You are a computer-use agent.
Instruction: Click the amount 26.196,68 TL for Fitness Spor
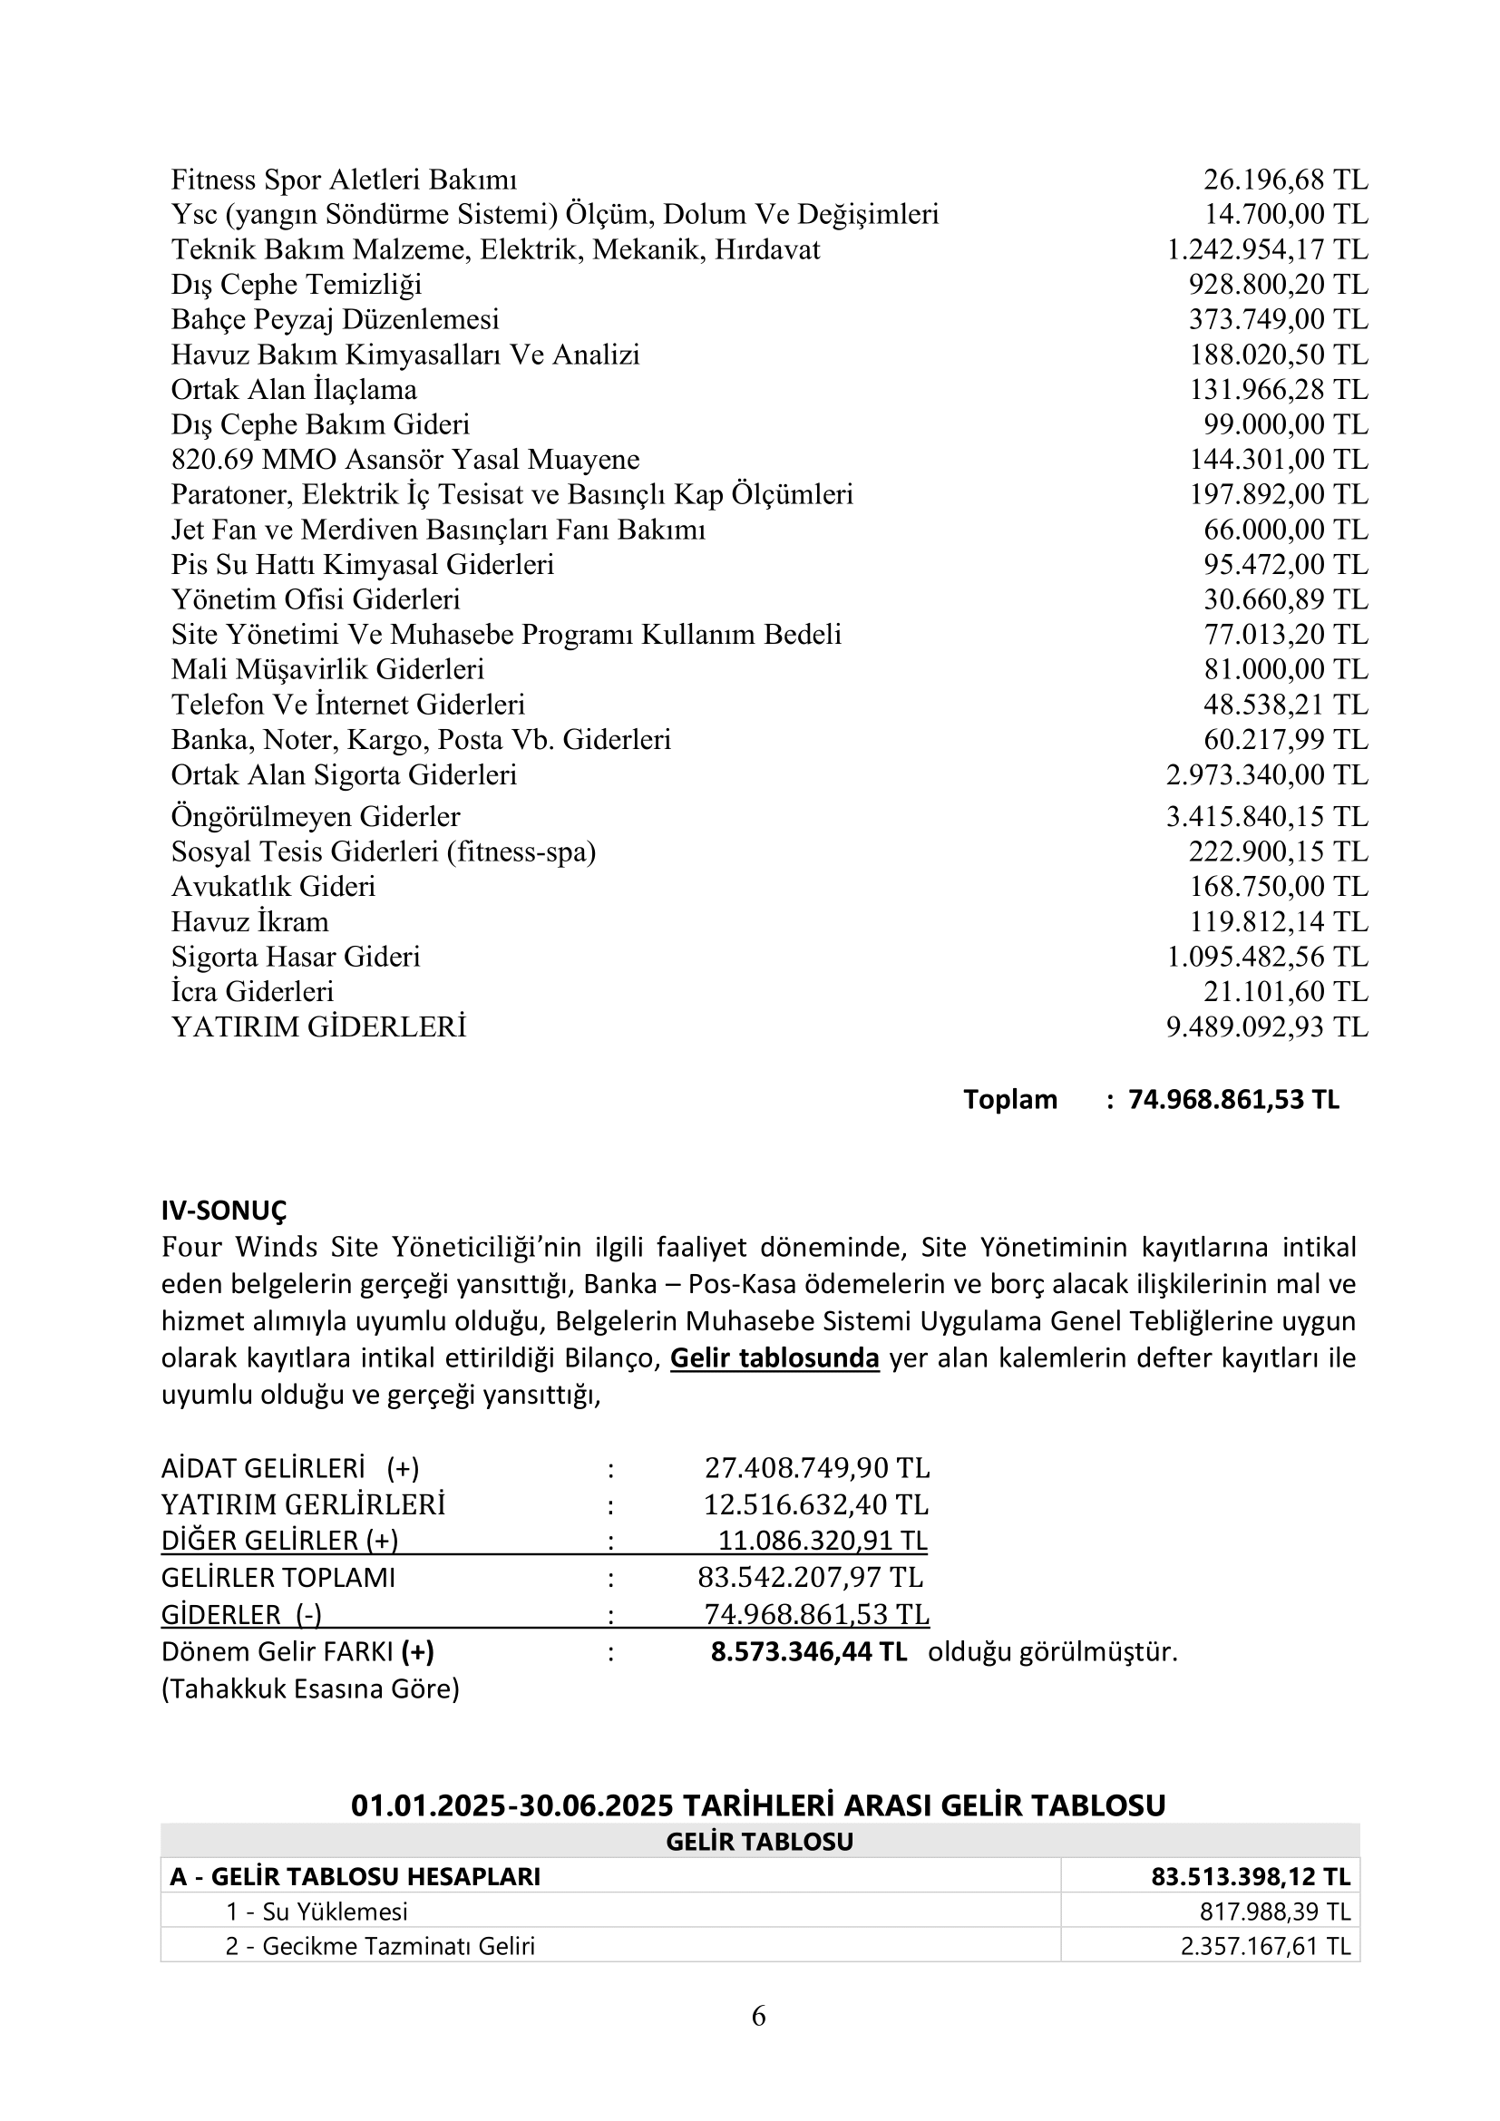click(x=1285, y=180)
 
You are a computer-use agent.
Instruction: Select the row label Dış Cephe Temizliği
click(x=297, y=285)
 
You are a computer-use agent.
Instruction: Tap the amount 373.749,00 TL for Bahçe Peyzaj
click(x=1278, y=319)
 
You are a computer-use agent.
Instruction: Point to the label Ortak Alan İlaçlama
click(x=294, y=390)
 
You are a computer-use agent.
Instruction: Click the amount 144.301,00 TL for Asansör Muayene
click(x=1278, y=460)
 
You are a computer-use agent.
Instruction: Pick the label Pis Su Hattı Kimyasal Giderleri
click(x=362, y=564)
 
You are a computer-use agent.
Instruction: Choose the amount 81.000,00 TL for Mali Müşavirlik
click(x=1285, y=670)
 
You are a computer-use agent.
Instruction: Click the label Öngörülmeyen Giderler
click(x=315, y=817)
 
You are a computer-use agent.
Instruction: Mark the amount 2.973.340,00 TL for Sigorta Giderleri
click(x=1266, y=775)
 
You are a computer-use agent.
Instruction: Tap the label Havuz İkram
click(x=249, y=922)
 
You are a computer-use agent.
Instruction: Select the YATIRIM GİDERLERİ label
click(x=318, y=1027)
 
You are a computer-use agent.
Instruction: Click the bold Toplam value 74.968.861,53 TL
click(x=1233, y=1099)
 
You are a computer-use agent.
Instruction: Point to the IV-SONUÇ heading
click(x=223, y=1211)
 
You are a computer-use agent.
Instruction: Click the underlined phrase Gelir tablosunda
click(x=774, y=1358)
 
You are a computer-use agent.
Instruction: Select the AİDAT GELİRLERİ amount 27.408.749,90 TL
click(x=816, y=1468)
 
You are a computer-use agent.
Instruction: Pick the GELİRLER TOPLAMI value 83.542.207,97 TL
click(x=810, y=1577)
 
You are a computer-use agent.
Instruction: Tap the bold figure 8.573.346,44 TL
click(x=808, y=1651)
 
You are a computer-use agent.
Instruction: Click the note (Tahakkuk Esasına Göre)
click(x=310, y=1688)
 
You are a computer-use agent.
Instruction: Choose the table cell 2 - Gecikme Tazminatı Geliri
click(x=380, y=1946)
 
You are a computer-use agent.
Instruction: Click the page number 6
click(x=758, y=2016)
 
